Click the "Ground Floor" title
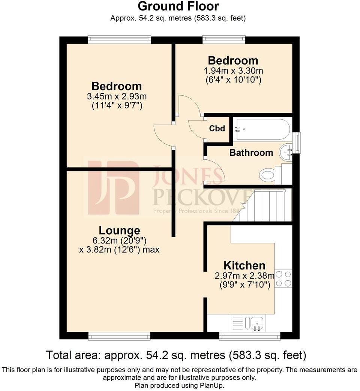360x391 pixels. [178, 6]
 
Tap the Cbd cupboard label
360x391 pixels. [217, 129]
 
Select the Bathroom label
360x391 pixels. [251, 153]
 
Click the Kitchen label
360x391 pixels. [244, 266]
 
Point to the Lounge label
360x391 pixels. [119, 230]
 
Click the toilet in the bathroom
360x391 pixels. [268, 174]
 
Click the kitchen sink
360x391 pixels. [256, 323]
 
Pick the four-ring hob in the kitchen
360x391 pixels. [283, 279]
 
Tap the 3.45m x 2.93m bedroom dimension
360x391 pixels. [117, 96]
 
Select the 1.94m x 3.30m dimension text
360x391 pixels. [233, 71]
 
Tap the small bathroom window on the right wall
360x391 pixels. [298, 143]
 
